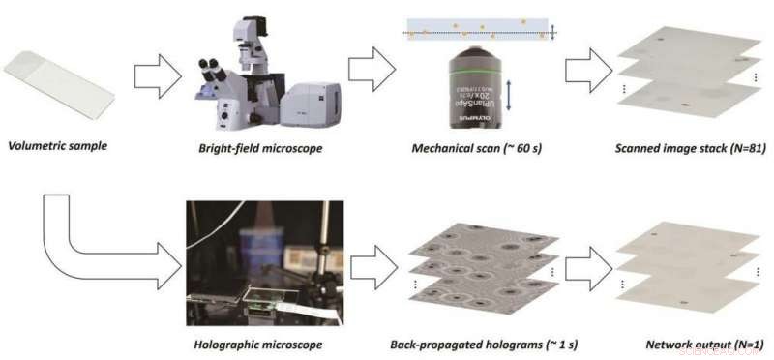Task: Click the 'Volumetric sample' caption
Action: pyautogui.click(x=57, y=148)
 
